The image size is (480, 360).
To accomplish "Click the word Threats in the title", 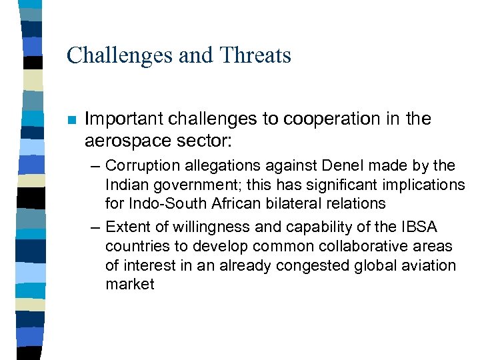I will pos(257,55).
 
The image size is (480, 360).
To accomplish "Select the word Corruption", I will pos(139,165).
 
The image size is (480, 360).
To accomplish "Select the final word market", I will pos(129,284).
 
